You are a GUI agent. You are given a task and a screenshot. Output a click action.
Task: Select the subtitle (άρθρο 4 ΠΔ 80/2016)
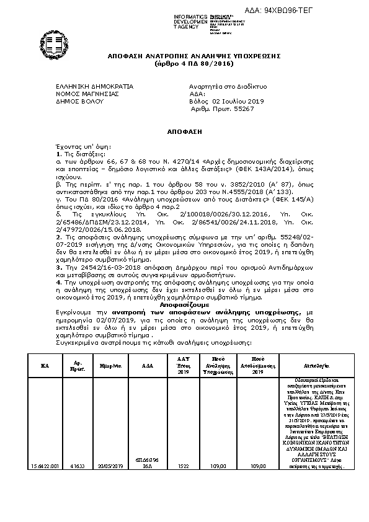[x=185, y=63]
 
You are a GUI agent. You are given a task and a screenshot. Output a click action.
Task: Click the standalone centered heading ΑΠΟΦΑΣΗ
[x=185, y=132]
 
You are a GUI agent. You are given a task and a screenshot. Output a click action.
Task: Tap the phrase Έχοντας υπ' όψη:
[x=77, y=146]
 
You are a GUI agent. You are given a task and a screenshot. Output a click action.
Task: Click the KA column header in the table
[x=45, y=366]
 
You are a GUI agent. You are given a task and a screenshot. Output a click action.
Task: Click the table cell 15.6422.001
[x=45, y=466]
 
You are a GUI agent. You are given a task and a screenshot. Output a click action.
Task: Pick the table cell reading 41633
[x=77, y=466]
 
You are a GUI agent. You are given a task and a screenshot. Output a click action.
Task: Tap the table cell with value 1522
[x=183, y=466]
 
